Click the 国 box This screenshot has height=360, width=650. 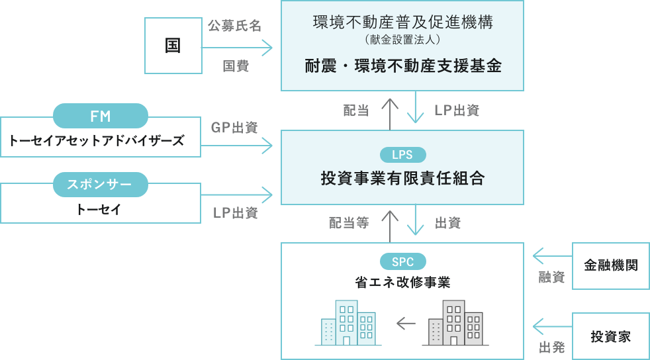pyautogui.click(x=173, y=46)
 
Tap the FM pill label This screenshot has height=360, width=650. pyautogui.click(x=100, y=116)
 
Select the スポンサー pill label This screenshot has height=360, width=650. pyautogui.click(x=100, y=183)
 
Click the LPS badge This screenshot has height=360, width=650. pyautogui.click(x=402, y=155)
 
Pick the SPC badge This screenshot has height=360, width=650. pyautogui.click(x=402, y=261)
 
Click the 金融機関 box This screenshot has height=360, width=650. pyautogui.click(x=610, y=265)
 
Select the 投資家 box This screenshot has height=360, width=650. pyautogui.click(x=610, y=336)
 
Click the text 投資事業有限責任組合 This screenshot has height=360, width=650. pyautogui.click(x=402, y=179)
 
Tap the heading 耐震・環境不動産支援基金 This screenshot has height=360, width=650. pyautogui.click(x=402, y=67)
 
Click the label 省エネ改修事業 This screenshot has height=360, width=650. pyautogui.click(x=402, y=283)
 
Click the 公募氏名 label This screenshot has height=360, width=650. pyautogui.click(x=234, y=26)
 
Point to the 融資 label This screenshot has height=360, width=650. pyautogui.click(x=551, y=277)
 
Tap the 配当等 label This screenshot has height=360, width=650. pyautogui.click(x=349, y=224)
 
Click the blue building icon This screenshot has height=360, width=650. pyautogui.click(x=348, y=323)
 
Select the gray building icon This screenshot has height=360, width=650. pyautogui.click(x=455, y=323)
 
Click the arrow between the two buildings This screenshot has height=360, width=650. pyautogui.click(x=405, y=324)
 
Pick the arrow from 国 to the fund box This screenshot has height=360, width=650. pyautogui.click(x=238, y=47)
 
